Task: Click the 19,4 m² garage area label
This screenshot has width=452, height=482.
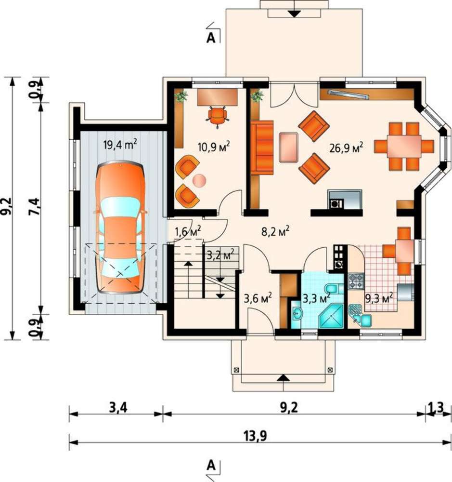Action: pos(120,144)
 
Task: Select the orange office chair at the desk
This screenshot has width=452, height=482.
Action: pos(218,116)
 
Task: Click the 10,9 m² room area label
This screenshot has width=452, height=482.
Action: pos(214,147)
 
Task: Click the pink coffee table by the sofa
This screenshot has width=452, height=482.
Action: pos(289,147)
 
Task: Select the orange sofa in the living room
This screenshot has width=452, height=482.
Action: pos(262,147)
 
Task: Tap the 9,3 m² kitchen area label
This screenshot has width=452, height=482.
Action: pos(379,297)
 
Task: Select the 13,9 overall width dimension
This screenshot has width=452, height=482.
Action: pos(256,436)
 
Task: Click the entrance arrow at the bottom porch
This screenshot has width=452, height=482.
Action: pos(284,378)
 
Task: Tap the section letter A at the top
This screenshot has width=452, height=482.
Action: pos(211,38)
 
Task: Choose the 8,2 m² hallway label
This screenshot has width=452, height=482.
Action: pos(275,232)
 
